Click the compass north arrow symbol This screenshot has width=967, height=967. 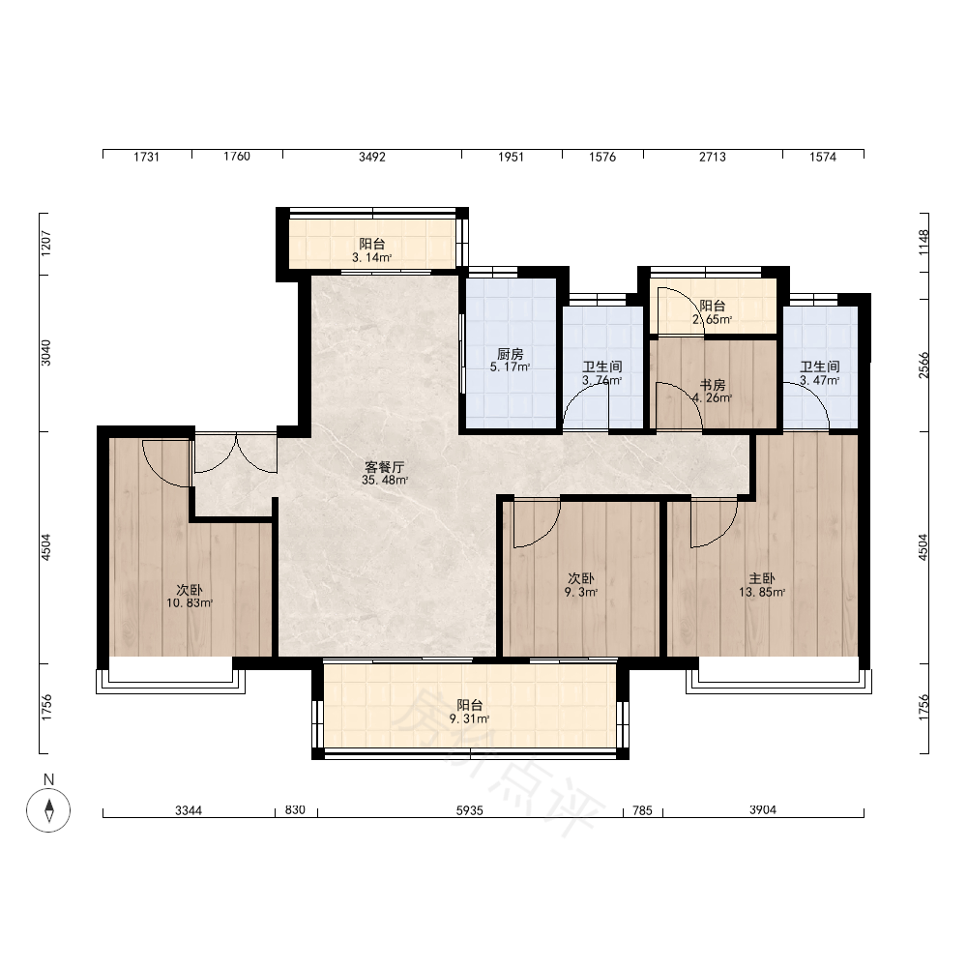click(x=48, y=809)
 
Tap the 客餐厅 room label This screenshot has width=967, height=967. click(x=384, y=467)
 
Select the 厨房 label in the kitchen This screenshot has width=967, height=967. click(x=510, y=354)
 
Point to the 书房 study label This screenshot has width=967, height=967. click(x=713, y=385)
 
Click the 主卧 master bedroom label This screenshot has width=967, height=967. click(x=762, y=578)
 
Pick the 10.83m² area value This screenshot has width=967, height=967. click(x=190, y=603)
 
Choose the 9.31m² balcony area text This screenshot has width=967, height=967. click(x=469, y=719)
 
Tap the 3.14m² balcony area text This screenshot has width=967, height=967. click(x=372, y=258)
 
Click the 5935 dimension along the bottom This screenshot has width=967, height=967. click(x=469, y=810)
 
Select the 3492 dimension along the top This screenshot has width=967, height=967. click(x=372, y=157)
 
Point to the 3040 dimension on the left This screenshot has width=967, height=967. click(x=46, y=353)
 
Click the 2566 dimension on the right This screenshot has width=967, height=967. click(x=923, y=366)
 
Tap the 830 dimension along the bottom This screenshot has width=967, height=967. click(x=295, y=809)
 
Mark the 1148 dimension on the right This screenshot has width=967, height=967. click(x=923, y=243)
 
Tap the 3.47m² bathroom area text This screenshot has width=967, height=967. click(x=820, y=380)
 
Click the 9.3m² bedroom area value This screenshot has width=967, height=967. click(x=581, y=592)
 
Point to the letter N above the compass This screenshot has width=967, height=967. click(x=48, y=779)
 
